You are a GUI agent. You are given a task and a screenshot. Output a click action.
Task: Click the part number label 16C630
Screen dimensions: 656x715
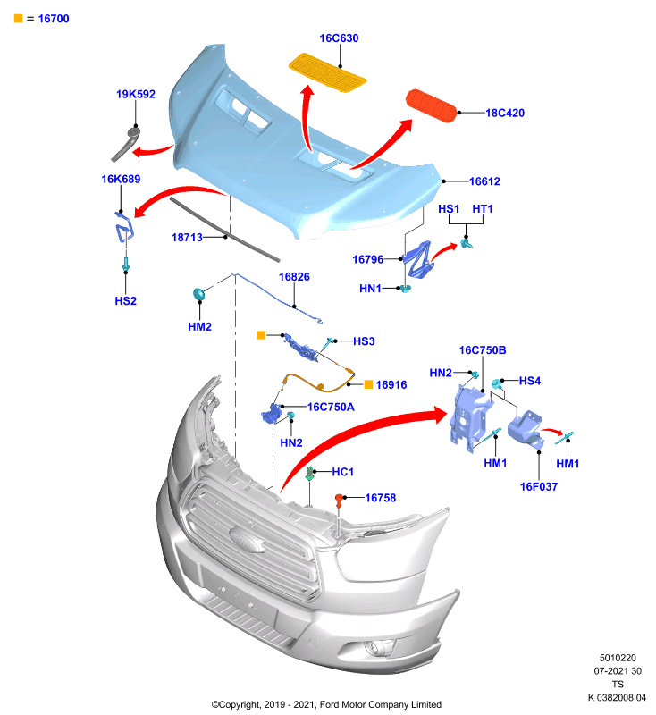point(339,38)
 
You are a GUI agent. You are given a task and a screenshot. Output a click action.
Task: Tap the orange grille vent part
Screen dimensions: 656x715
point(327,72)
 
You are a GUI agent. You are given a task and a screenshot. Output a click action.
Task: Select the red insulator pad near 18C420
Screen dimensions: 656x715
point(432,105)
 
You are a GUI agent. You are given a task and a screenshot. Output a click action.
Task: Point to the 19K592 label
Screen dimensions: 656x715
point(135,94)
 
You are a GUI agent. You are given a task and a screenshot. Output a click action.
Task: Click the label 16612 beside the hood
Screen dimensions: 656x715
point(484,181)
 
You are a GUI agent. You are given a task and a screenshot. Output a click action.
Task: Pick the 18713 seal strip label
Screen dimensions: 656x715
point(187,237)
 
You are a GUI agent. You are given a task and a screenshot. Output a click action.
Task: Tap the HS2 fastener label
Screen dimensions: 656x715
point(125,300)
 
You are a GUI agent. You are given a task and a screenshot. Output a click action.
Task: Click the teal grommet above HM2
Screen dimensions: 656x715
point(199,294)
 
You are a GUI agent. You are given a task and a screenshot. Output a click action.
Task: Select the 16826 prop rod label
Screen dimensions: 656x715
point(294,277)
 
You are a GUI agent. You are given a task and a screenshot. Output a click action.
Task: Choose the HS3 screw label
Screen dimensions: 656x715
point(364,341)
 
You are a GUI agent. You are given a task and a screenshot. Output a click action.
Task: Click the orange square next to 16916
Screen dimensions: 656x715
point(368,384)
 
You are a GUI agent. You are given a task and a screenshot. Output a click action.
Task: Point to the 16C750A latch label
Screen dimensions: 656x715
point(331,407)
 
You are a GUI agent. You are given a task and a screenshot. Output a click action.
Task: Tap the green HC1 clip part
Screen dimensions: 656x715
point(310,474)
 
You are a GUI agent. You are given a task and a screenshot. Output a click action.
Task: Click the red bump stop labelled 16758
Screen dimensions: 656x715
point(339,500)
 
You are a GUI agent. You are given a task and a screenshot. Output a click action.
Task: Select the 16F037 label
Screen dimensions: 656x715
point(539,486)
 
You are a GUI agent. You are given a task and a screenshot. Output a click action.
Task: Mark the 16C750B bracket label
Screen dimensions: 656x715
point(483,349)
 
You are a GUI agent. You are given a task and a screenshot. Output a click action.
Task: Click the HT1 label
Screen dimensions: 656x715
point(483,208)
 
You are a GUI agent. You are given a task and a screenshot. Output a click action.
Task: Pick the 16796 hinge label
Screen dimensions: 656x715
point(368,259)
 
